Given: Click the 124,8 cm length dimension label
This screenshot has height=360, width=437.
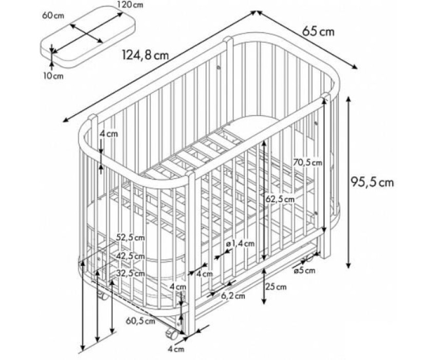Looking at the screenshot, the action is (x=145, y=55).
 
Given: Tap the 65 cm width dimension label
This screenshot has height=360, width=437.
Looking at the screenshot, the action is (x=318, y=31).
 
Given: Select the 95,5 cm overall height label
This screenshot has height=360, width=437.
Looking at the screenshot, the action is (x=372, y=182).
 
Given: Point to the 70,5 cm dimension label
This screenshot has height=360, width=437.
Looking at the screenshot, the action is (x=307, y=162).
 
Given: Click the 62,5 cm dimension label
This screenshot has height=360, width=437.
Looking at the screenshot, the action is (x=280, y=200).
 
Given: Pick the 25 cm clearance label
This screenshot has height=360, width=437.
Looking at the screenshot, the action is (x=276, y=286).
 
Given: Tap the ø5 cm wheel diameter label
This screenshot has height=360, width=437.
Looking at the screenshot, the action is (x=304, y=270).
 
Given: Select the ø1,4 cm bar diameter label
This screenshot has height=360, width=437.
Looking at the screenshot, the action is (x=241, y=244).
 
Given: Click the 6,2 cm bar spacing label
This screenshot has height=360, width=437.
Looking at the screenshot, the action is (x=233, y=296).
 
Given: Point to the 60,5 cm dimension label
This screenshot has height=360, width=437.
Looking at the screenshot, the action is (x=140, y=321).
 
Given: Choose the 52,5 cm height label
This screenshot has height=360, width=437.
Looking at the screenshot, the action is (x=131, y=238).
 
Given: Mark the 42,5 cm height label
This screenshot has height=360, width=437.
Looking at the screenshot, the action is (x=131, y=256).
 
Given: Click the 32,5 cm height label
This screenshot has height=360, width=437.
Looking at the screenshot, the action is (x=131, y=274).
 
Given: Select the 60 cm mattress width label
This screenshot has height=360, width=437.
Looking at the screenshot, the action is (x=53, y=15).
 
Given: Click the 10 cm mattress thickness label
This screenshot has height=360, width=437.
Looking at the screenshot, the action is (x=53, y=76).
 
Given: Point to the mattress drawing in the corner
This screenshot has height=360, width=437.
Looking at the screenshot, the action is (x=88, y=36).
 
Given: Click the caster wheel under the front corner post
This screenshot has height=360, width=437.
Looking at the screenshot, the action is (x=172, y=334).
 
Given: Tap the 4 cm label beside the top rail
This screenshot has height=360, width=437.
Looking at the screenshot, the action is (x=108, y=134).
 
